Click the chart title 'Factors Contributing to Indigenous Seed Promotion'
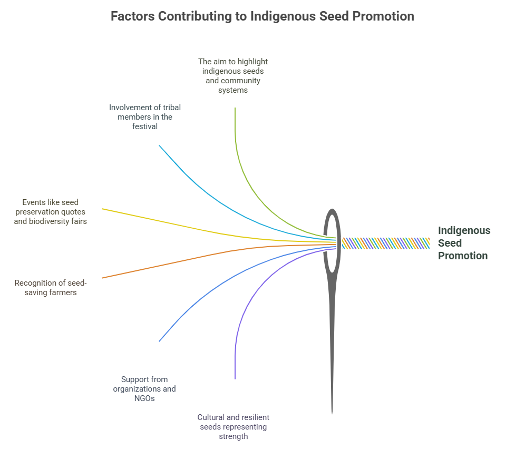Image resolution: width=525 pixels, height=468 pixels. (x=262, y=16)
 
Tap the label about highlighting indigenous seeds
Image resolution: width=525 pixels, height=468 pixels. (x=233, y=76)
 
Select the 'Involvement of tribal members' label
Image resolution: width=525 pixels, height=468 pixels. (x=144, y=117)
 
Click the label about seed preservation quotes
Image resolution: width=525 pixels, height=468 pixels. (x=51, y=211)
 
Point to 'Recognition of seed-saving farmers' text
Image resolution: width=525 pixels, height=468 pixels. (x=51, y=288)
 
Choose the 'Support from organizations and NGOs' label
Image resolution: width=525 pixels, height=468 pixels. (x=144, y=388)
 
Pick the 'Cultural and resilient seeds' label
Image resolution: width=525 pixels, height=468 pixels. (x=234, y=427)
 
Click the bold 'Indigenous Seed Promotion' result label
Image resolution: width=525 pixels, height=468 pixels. (x=464, y=243)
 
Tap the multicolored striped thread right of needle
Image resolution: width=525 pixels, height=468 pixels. (x=386, y=243)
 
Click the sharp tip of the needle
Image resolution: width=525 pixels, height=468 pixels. (x=332, y=414)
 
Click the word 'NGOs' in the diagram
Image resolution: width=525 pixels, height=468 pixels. (x=144, y=398)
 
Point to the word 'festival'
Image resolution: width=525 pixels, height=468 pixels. (x=144, y=126)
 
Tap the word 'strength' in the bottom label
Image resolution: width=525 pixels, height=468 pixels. (x=234, y=436)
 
